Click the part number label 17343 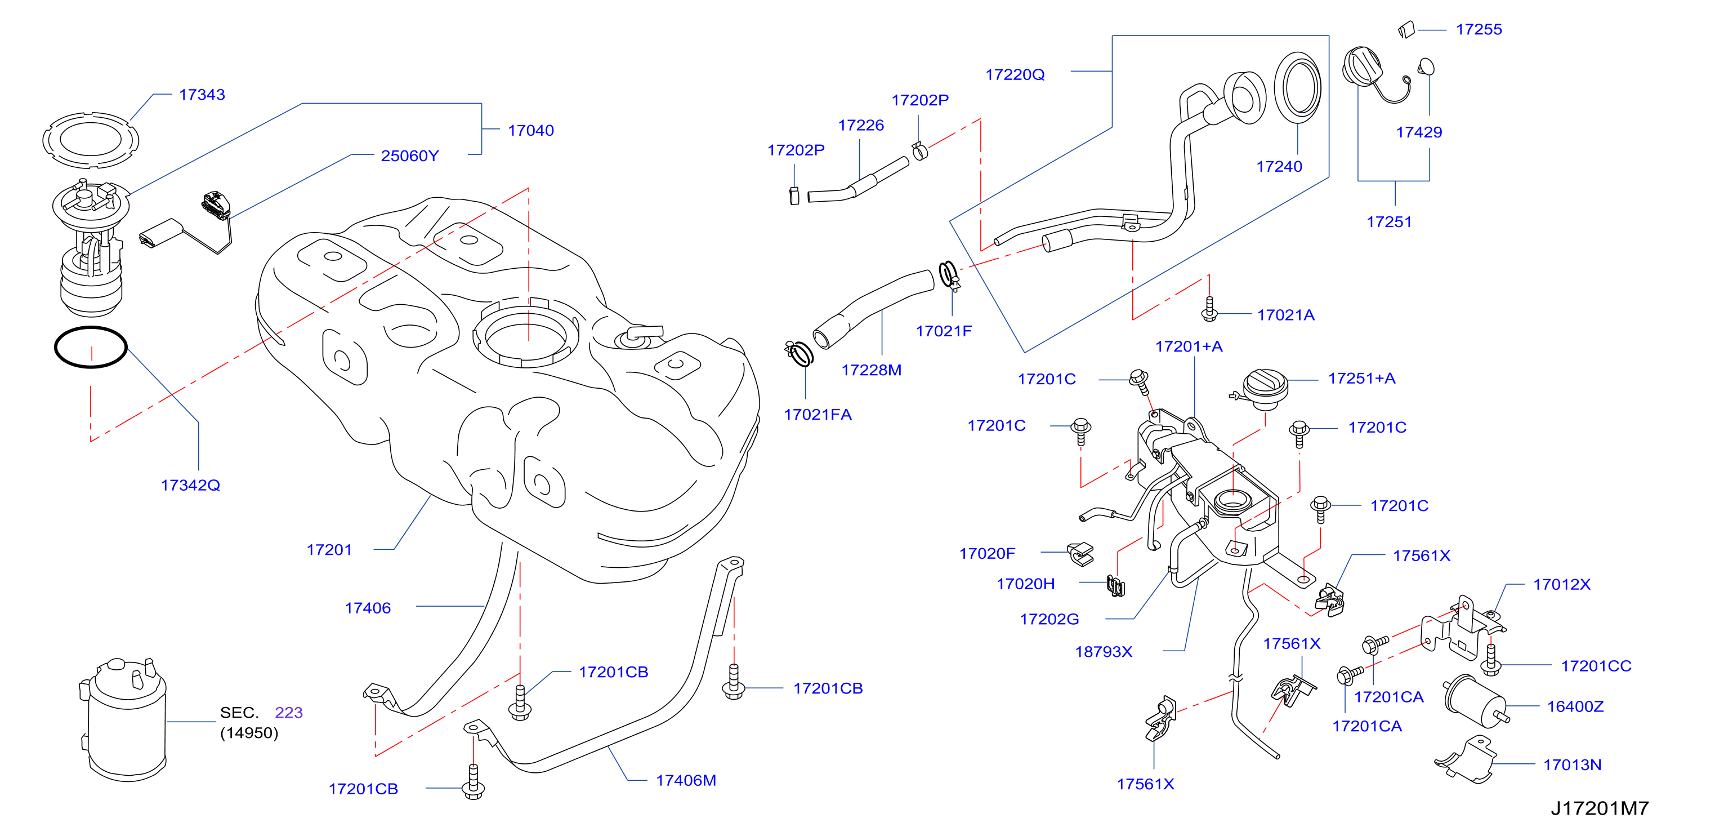coord(202,95)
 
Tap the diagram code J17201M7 coord(1600,808)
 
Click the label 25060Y coord(409,156)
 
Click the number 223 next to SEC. coord(289,712)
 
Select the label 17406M coord(686,780)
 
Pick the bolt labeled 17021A coord(1210,309)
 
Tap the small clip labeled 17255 coord(1406,30)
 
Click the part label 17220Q coord(1015,74)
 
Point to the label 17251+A coord(1361,379)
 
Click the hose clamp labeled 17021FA coord(799,354)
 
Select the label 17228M coord(872,370)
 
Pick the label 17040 coord(530,131)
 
